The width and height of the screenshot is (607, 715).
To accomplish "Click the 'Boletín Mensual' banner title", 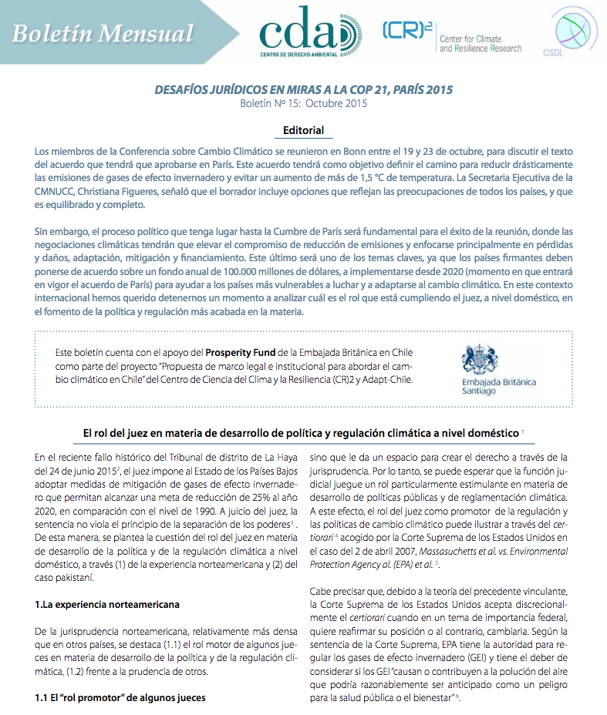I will click(103, 33).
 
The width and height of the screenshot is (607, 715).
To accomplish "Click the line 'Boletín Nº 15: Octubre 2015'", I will click(303, 103).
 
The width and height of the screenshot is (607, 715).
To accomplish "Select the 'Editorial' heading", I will click(303, 130).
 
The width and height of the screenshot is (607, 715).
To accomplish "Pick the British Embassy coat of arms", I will click(480, 360).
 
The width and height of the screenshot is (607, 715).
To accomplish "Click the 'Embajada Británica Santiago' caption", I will click(498, 387).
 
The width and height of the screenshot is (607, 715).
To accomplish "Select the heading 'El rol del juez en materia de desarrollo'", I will click(301, 433).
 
